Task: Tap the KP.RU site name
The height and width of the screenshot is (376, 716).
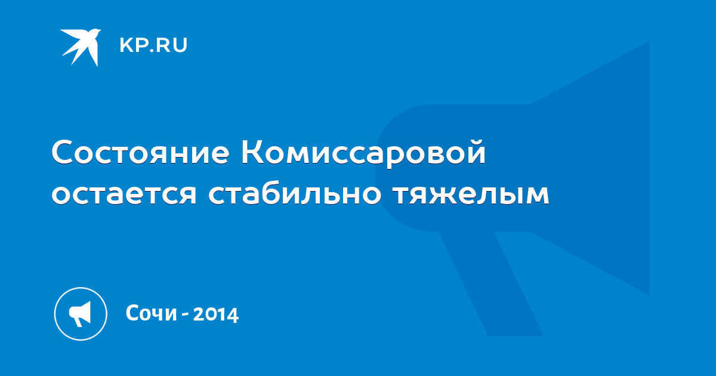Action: click(x=153, y=45)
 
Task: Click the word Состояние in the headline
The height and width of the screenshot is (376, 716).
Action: click(x=140, y=152)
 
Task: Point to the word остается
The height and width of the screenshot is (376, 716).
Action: click(x=124, y=194)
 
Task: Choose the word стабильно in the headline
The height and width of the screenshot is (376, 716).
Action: click(x=294, y=192)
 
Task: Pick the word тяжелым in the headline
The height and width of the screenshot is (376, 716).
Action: click(x=471, y=194)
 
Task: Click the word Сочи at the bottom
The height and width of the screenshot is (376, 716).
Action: click(x=151, y=313)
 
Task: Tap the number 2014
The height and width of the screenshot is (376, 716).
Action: click(x=216, y=314)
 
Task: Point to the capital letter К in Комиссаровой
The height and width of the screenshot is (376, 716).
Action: click(x=252, y=152)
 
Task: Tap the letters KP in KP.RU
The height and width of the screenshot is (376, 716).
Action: click(x=132, y=45)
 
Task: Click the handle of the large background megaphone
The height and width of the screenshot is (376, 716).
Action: click(x=490, y=283)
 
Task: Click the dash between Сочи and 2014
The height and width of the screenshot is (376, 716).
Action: click(x=185, y=316)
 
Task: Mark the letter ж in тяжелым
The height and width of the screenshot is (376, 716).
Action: click(x=449, y=194)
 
